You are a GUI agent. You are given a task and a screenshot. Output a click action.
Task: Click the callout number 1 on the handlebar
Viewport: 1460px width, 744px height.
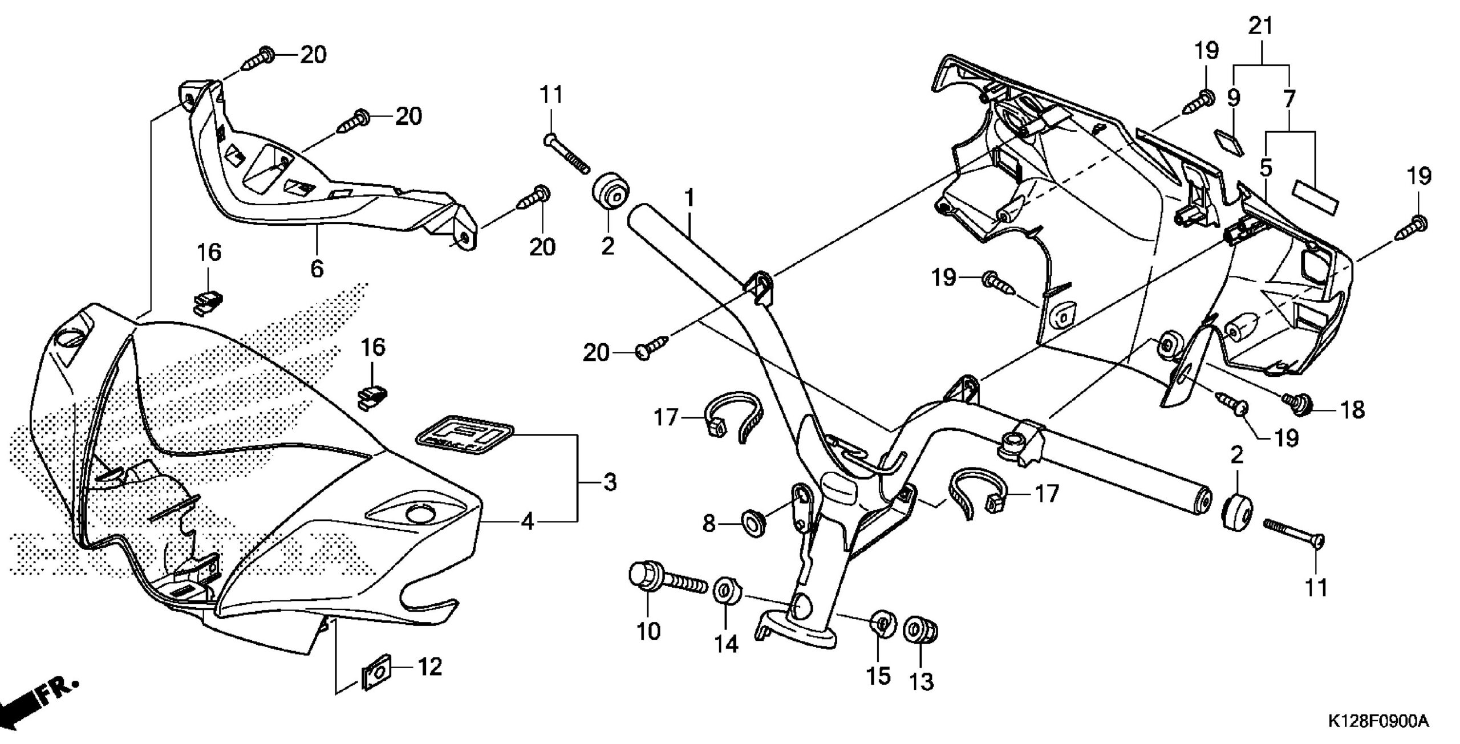click(690, 198)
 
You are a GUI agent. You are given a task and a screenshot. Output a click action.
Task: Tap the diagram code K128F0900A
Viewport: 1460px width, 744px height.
click(1374, 722)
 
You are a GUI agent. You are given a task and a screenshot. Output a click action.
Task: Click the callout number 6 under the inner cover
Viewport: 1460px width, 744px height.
click(317, 267)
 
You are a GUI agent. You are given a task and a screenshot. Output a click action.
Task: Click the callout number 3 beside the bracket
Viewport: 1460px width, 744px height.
click(610, 483)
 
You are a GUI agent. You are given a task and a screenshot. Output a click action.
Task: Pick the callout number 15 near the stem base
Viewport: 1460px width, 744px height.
click(878, 676)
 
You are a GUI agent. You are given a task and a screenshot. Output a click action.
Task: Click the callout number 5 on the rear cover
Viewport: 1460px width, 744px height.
click(1266, 168)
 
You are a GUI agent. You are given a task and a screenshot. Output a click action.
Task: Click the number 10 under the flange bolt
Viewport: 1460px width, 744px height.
click(648, 632)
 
